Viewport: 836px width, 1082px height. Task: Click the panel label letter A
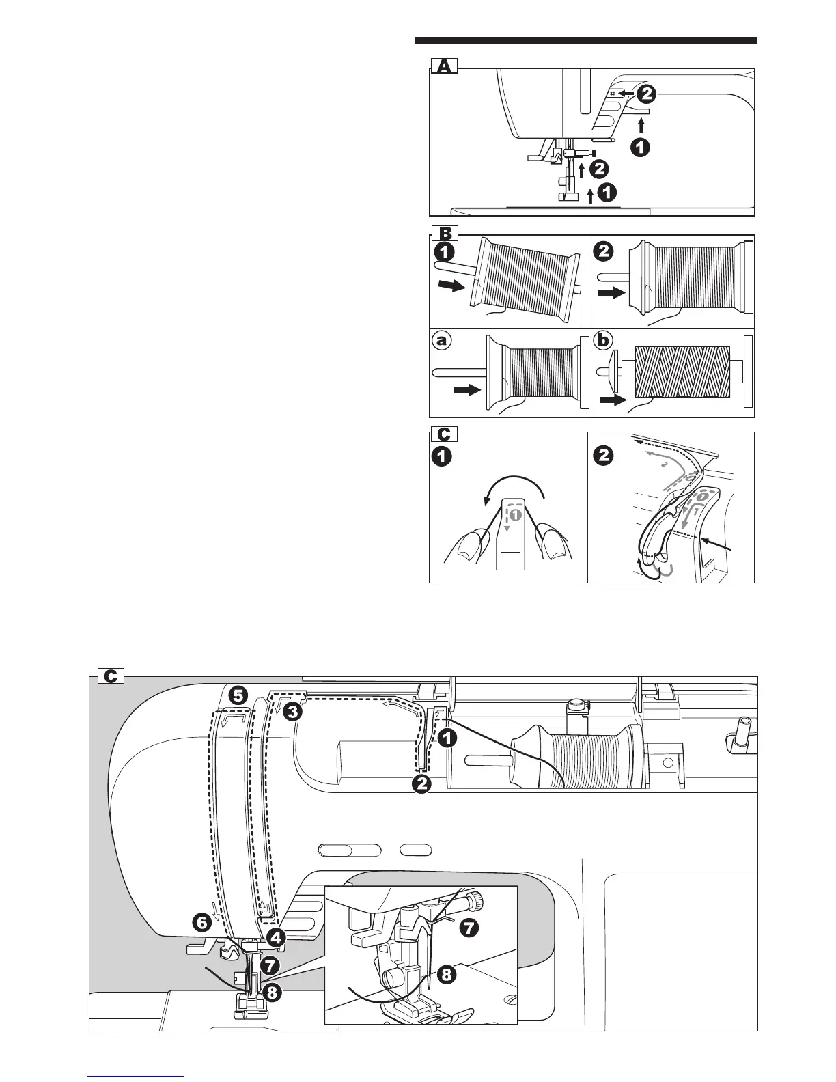tap(444, 66)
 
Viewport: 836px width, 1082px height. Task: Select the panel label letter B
tap(444, 233)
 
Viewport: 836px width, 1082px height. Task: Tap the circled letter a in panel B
tap(443, 340)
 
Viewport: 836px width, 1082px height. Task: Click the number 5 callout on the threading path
tap(238, 696)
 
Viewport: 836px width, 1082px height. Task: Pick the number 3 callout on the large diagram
tap(292, 711)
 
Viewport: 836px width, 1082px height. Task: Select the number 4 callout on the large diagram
tap(276, 938)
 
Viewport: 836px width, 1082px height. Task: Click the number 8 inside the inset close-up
tap(445, 975)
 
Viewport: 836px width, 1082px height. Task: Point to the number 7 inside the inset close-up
tap(469, 928)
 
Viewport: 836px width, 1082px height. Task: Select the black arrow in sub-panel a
tap(466, 391)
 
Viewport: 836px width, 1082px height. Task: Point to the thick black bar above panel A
tap(586, 41)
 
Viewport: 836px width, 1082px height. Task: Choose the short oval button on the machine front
tap(416, 850)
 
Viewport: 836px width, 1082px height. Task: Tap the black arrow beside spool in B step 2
tap(612, 292)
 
